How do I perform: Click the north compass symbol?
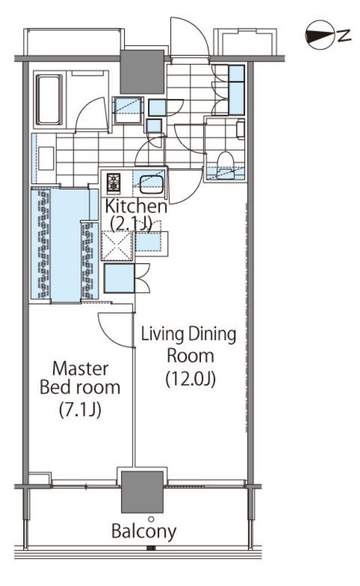point(319,35)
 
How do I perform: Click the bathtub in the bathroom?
point(49,100)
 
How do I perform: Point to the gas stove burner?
point(114,183)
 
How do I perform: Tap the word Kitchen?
point(136,206)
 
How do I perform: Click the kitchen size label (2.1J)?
point(131,224)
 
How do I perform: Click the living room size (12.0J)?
point(190,379)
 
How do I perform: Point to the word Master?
point(81,369)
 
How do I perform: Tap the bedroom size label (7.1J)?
point(80,409)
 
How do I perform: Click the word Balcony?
point(144,531)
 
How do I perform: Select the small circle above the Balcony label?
point(151,519)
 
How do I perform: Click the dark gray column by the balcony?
point(142,492)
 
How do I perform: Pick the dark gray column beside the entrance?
point(142,71)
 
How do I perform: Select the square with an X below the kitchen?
point(117,246)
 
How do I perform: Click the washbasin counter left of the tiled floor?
point(44,158)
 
